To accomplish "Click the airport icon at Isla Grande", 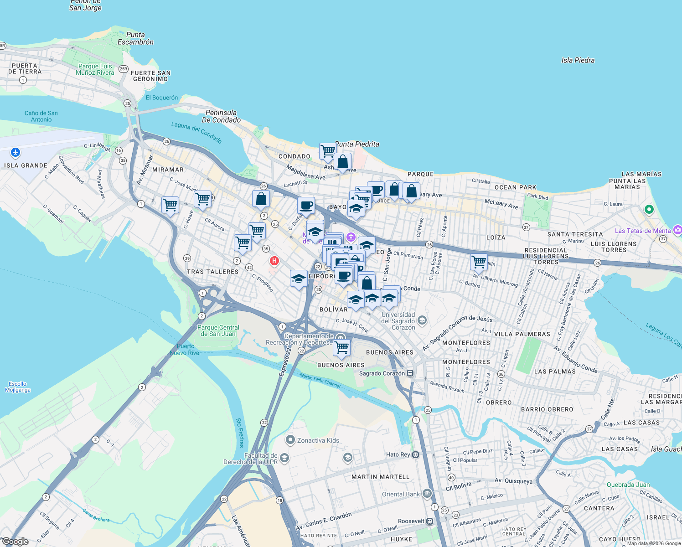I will click(15, 152).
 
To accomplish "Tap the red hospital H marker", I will click(274, 261).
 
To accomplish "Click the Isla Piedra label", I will click(578, 60).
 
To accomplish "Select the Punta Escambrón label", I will click(135, 38).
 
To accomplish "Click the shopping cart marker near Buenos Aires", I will click(341, 348).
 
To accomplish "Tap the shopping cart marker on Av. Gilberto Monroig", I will click(479, 262).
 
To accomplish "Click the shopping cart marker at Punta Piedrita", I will click(328, 151).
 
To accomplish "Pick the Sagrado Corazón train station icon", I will click(410, 373).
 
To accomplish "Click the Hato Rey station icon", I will click(415, 454).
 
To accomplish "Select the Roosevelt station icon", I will click(429, 521).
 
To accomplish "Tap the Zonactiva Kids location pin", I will click(290, 440).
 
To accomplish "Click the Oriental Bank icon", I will click(427, 494).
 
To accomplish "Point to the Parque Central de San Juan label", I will click(218, 330).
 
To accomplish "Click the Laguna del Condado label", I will click(196, 132).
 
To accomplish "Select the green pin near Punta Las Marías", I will click(649, 210).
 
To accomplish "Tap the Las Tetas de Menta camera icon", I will click(677, 230).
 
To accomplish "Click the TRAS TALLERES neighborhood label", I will click(212, 272).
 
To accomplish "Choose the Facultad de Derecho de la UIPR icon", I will click(284, 458).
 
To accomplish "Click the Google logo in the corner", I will click(15, 542).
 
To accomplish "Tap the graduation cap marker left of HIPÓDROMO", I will click(299, 279).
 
